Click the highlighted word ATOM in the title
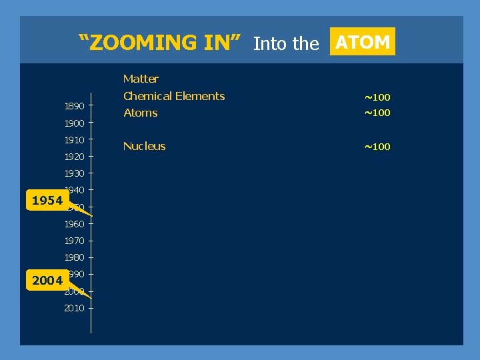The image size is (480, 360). [363, 42]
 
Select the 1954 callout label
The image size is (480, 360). [47, 201]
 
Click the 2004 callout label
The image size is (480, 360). [47, 281]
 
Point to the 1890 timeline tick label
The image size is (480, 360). [74, 106]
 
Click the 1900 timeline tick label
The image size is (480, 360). [74, 123]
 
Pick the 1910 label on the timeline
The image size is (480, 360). [74, 140]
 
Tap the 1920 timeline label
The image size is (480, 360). [74, 157]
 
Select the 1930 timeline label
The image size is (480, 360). [74, 173]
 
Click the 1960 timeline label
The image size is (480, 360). [74, 224]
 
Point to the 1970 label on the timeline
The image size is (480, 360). [74, 241]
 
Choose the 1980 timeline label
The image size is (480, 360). [74, 257]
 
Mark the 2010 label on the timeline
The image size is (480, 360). [74, 308]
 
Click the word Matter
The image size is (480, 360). [141, 79]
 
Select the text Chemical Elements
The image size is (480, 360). [174, 96]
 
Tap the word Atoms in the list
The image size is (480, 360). [141, 113]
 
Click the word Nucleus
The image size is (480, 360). [145, 146]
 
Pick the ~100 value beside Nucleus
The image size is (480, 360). [377, 147]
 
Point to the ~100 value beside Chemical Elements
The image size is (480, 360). [377, 98]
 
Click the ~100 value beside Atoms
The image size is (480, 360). [377, 113]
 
